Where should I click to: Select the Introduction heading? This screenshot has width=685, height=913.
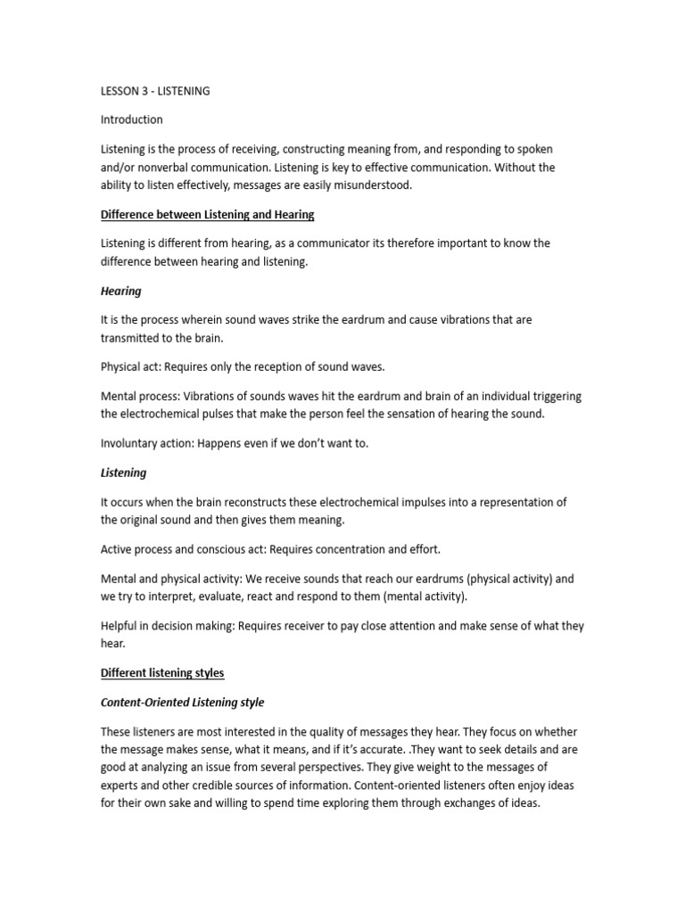pyautogui.click(x=131, y=119)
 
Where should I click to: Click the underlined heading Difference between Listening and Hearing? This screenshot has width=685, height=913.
pyautogui.click(x=207, y=215)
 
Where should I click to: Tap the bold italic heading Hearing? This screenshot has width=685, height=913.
pyautogui.click(x=120, y=292)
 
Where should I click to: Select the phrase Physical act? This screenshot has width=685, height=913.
pyautogui.click(x=130, y=367)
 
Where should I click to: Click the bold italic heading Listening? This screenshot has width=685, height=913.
pyautogui.click(x=123, y=473)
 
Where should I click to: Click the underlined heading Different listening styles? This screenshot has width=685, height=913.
pyautogui.click(x=162, y=673)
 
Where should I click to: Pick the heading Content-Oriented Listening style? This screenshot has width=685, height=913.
pyautogui.click(x=182, y=703)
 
